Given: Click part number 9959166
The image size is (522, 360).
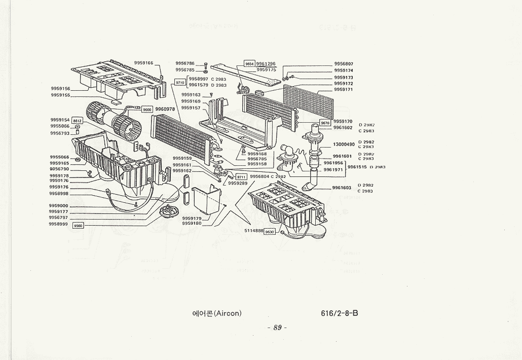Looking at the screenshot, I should pyautogui.click(x=143, y=63).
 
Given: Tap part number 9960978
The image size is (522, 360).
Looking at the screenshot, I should pyautogui.click(x=165, y=109).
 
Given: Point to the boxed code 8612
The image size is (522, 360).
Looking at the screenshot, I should pyautogui.click(x=78, y=120).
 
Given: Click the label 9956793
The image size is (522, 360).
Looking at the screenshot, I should pyautogui.click(x=59, y=133).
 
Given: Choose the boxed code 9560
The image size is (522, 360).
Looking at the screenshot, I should pyautogui.click(x=78, y=226).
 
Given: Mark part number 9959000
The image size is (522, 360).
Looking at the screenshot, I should pyautogui.click(x=58, y=206).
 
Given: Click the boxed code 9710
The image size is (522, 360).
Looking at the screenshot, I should pyautogui.click(x=180, y=82).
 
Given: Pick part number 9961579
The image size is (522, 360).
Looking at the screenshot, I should pyautogui.click(x=199, y=85).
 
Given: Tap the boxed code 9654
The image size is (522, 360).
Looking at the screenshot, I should pyautogui.click(x=249, y=64).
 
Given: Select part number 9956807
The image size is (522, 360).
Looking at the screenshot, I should pyautogui.click(x=344, y=64).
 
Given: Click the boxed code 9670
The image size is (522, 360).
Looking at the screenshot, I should pyautogui.click(x=325, y=123).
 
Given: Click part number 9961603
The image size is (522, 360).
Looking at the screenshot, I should pyautogui.click(x=342, y=188).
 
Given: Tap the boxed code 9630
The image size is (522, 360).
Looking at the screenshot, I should pyautogui.click(x=270, y=231).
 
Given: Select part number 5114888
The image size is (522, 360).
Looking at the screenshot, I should pyautogui.click(x=254, y=231).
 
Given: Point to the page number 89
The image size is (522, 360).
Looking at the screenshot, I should pyautogui.click(x=277, y=328).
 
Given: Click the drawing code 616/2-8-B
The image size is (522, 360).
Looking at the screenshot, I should pyautogui.click(x=339, y=313).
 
